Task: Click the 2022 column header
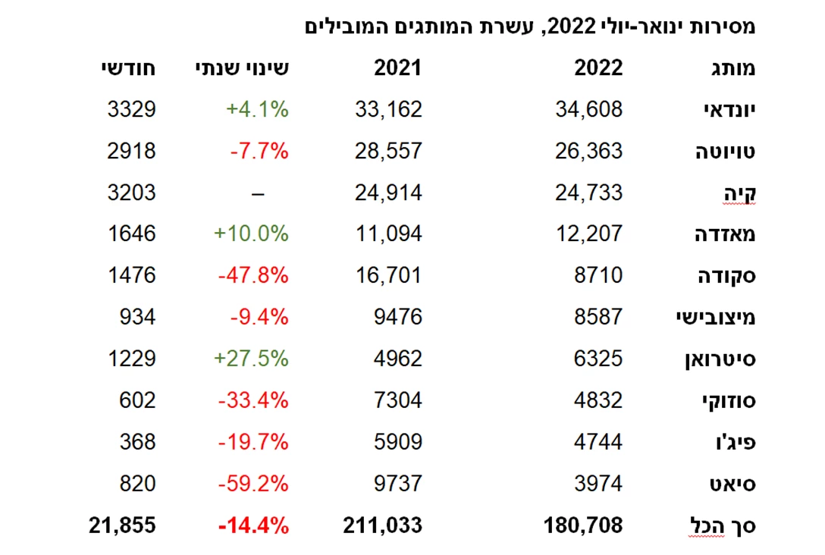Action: [598, 68]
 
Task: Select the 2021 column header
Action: [397, 68]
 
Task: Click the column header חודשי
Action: [128, 68]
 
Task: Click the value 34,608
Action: [588, 109]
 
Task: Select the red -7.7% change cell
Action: [259, 151]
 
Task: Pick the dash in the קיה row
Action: [258, 193]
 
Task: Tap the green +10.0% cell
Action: [251, 234]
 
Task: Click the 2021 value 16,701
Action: [388, 275]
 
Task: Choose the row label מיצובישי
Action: [716, 317]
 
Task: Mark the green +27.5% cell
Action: [251, 358]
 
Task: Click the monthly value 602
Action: [137, 400]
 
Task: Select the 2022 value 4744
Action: [598, 441]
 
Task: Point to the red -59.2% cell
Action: [253, 483]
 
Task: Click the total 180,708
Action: [583, 525]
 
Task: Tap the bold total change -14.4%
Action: [253, 525]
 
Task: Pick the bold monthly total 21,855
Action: [122, 525]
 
